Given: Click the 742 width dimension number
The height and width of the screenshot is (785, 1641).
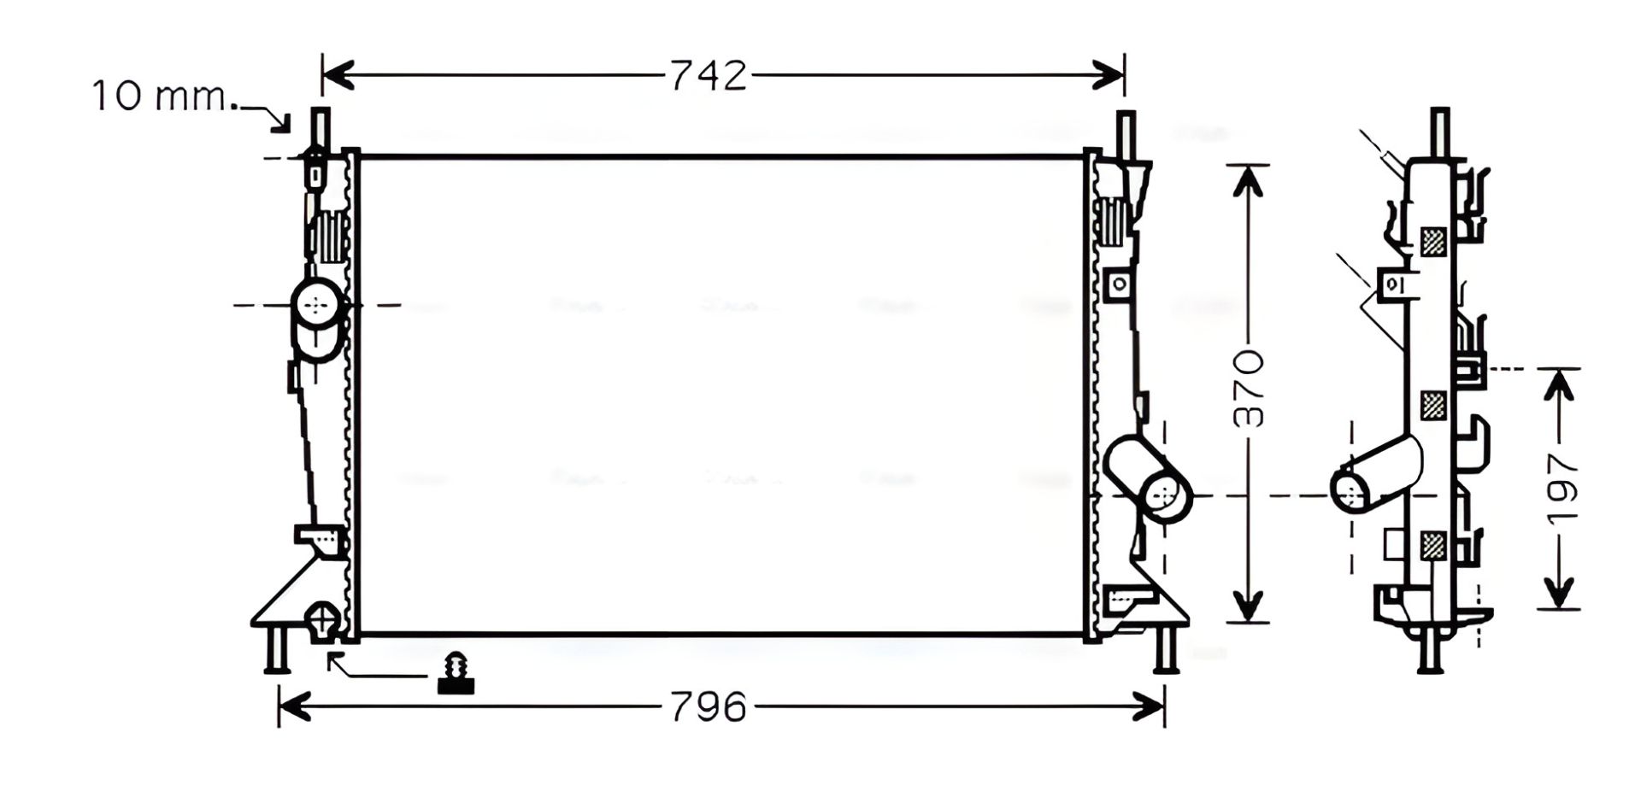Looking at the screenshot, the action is point(708,76).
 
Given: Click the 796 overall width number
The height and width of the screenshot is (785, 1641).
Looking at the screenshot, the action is point(709,707).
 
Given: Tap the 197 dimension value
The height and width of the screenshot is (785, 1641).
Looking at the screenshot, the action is point(1561,489).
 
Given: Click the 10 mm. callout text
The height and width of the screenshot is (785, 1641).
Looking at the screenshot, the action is point(161,96).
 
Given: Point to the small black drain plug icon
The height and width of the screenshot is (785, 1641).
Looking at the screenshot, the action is point(456,672).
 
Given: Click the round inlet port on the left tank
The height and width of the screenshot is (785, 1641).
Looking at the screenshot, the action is point(317,303).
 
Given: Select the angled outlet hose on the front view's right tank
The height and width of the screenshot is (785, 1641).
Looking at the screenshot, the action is point(1148,479).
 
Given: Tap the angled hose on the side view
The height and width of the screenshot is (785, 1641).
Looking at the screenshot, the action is point(1376,474).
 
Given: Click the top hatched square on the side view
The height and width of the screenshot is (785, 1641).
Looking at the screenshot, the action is point(1433,242).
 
